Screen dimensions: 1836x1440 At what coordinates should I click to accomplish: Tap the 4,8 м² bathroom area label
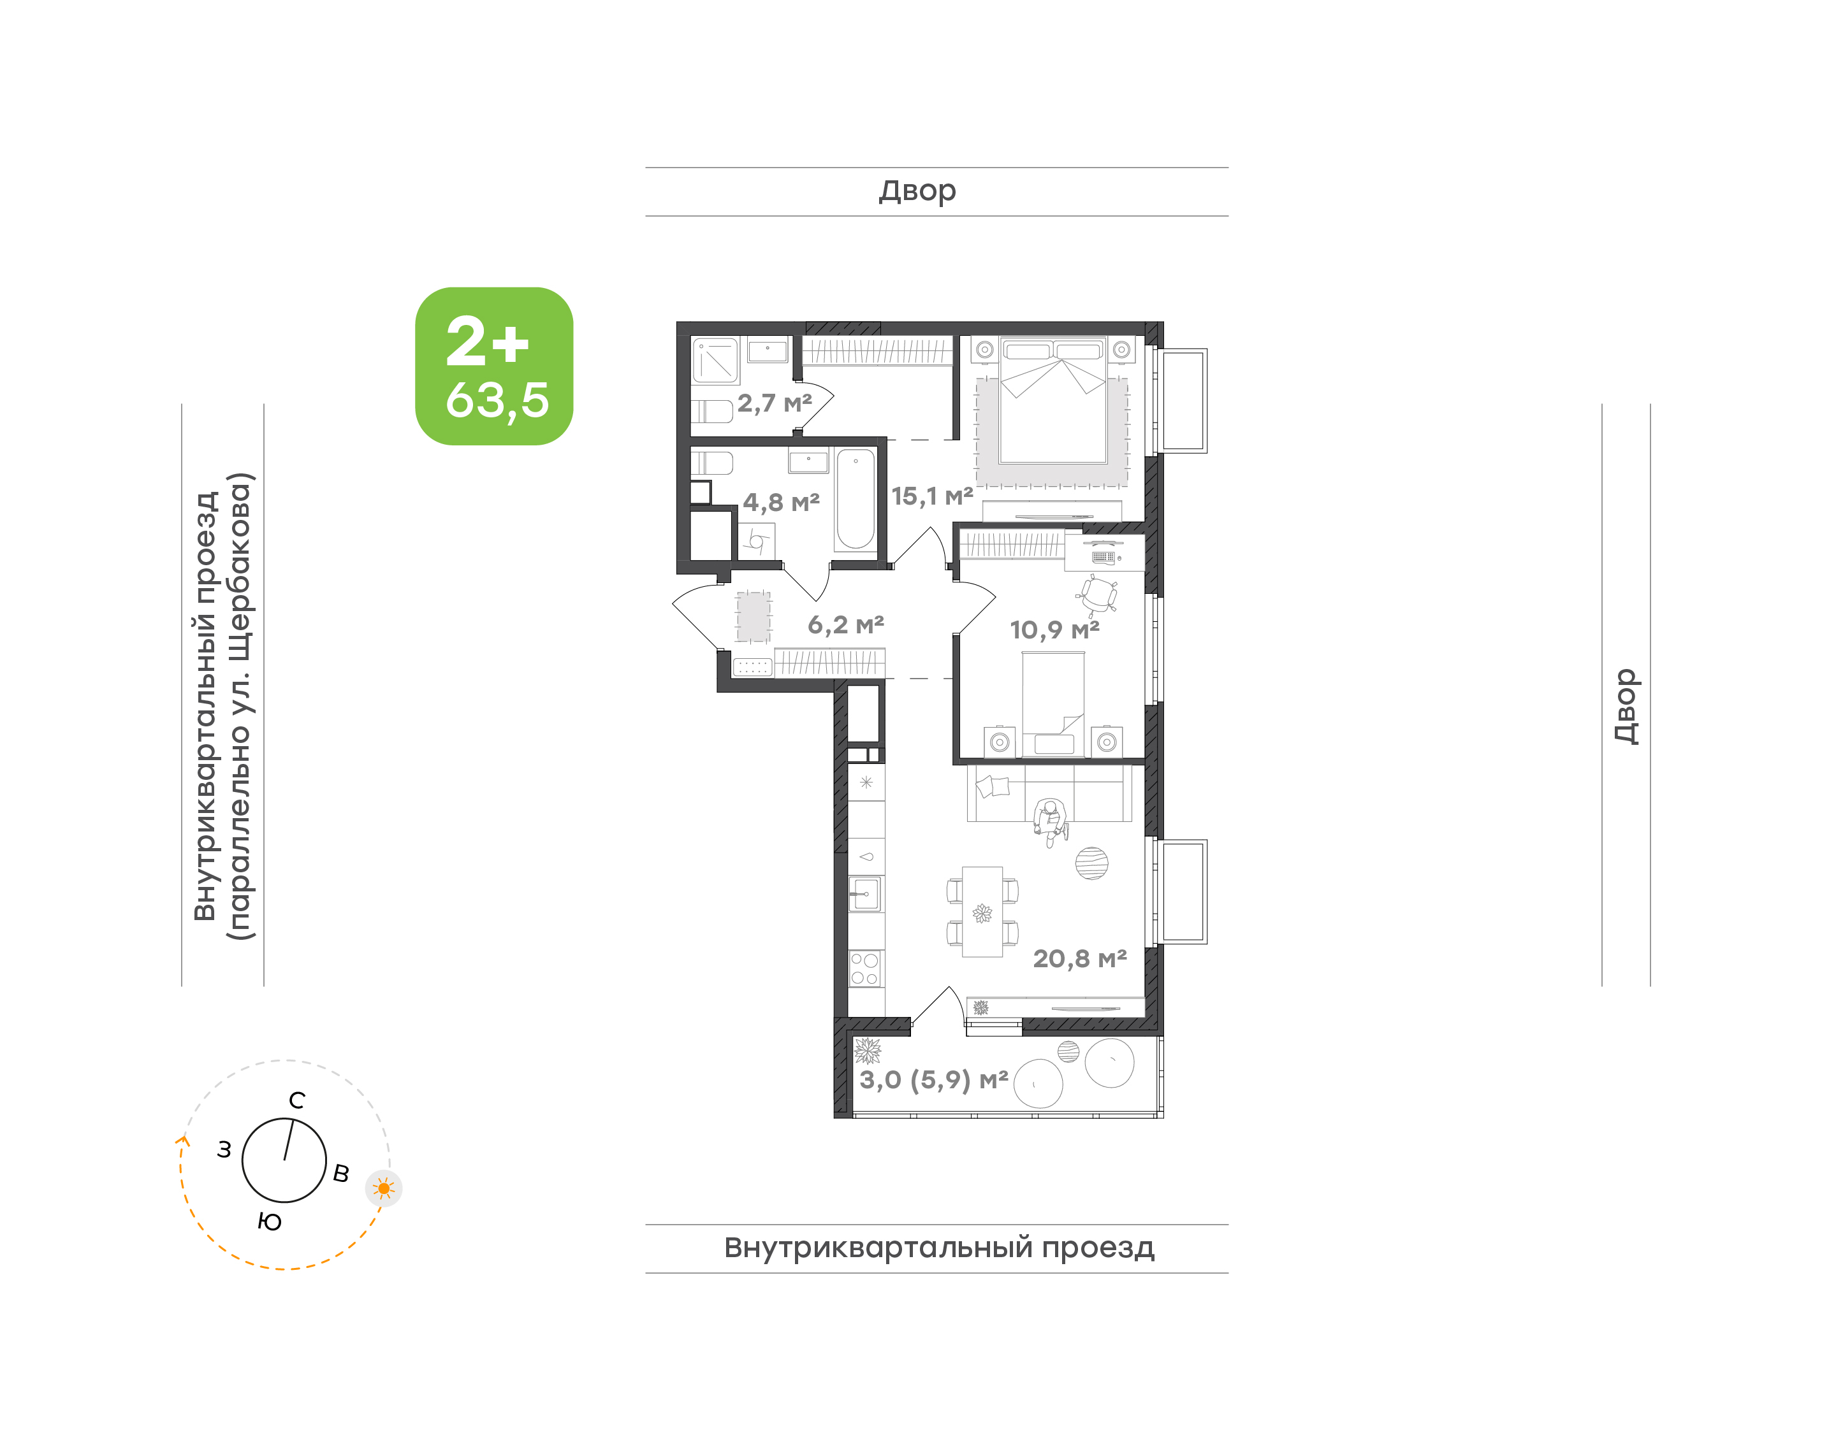pos(781,503)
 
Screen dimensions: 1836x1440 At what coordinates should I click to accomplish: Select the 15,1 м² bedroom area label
pos(932,496)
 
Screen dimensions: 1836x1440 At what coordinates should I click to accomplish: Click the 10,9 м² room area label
pos(1054,630)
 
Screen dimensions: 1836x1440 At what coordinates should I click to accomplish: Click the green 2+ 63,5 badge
pos(493,366)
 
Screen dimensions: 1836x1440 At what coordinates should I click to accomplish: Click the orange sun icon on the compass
pos(384,1189)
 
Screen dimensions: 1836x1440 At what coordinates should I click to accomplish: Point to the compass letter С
pos(297,1100)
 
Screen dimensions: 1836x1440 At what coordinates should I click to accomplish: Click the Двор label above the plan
pos(917,191)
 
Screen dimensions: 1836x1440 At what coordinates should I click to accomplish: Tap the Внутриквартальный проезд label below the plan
pos(938,1247)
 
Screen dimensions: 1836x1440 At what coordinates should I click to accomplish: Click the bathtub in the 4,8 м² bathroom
pos(855,499)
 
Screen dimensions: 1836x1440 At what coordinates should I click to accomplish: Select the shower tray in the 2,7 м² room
pos(715,361)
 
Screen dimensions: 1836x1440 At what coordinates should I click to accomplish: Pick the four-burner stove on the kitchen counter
pos(864,968)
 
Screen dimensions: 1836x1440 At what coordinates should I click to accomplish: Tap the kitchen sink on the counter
pos(864,894)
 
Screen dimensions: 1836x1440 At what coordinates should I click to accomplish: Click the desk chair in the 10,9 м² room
pos(1098,594)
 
